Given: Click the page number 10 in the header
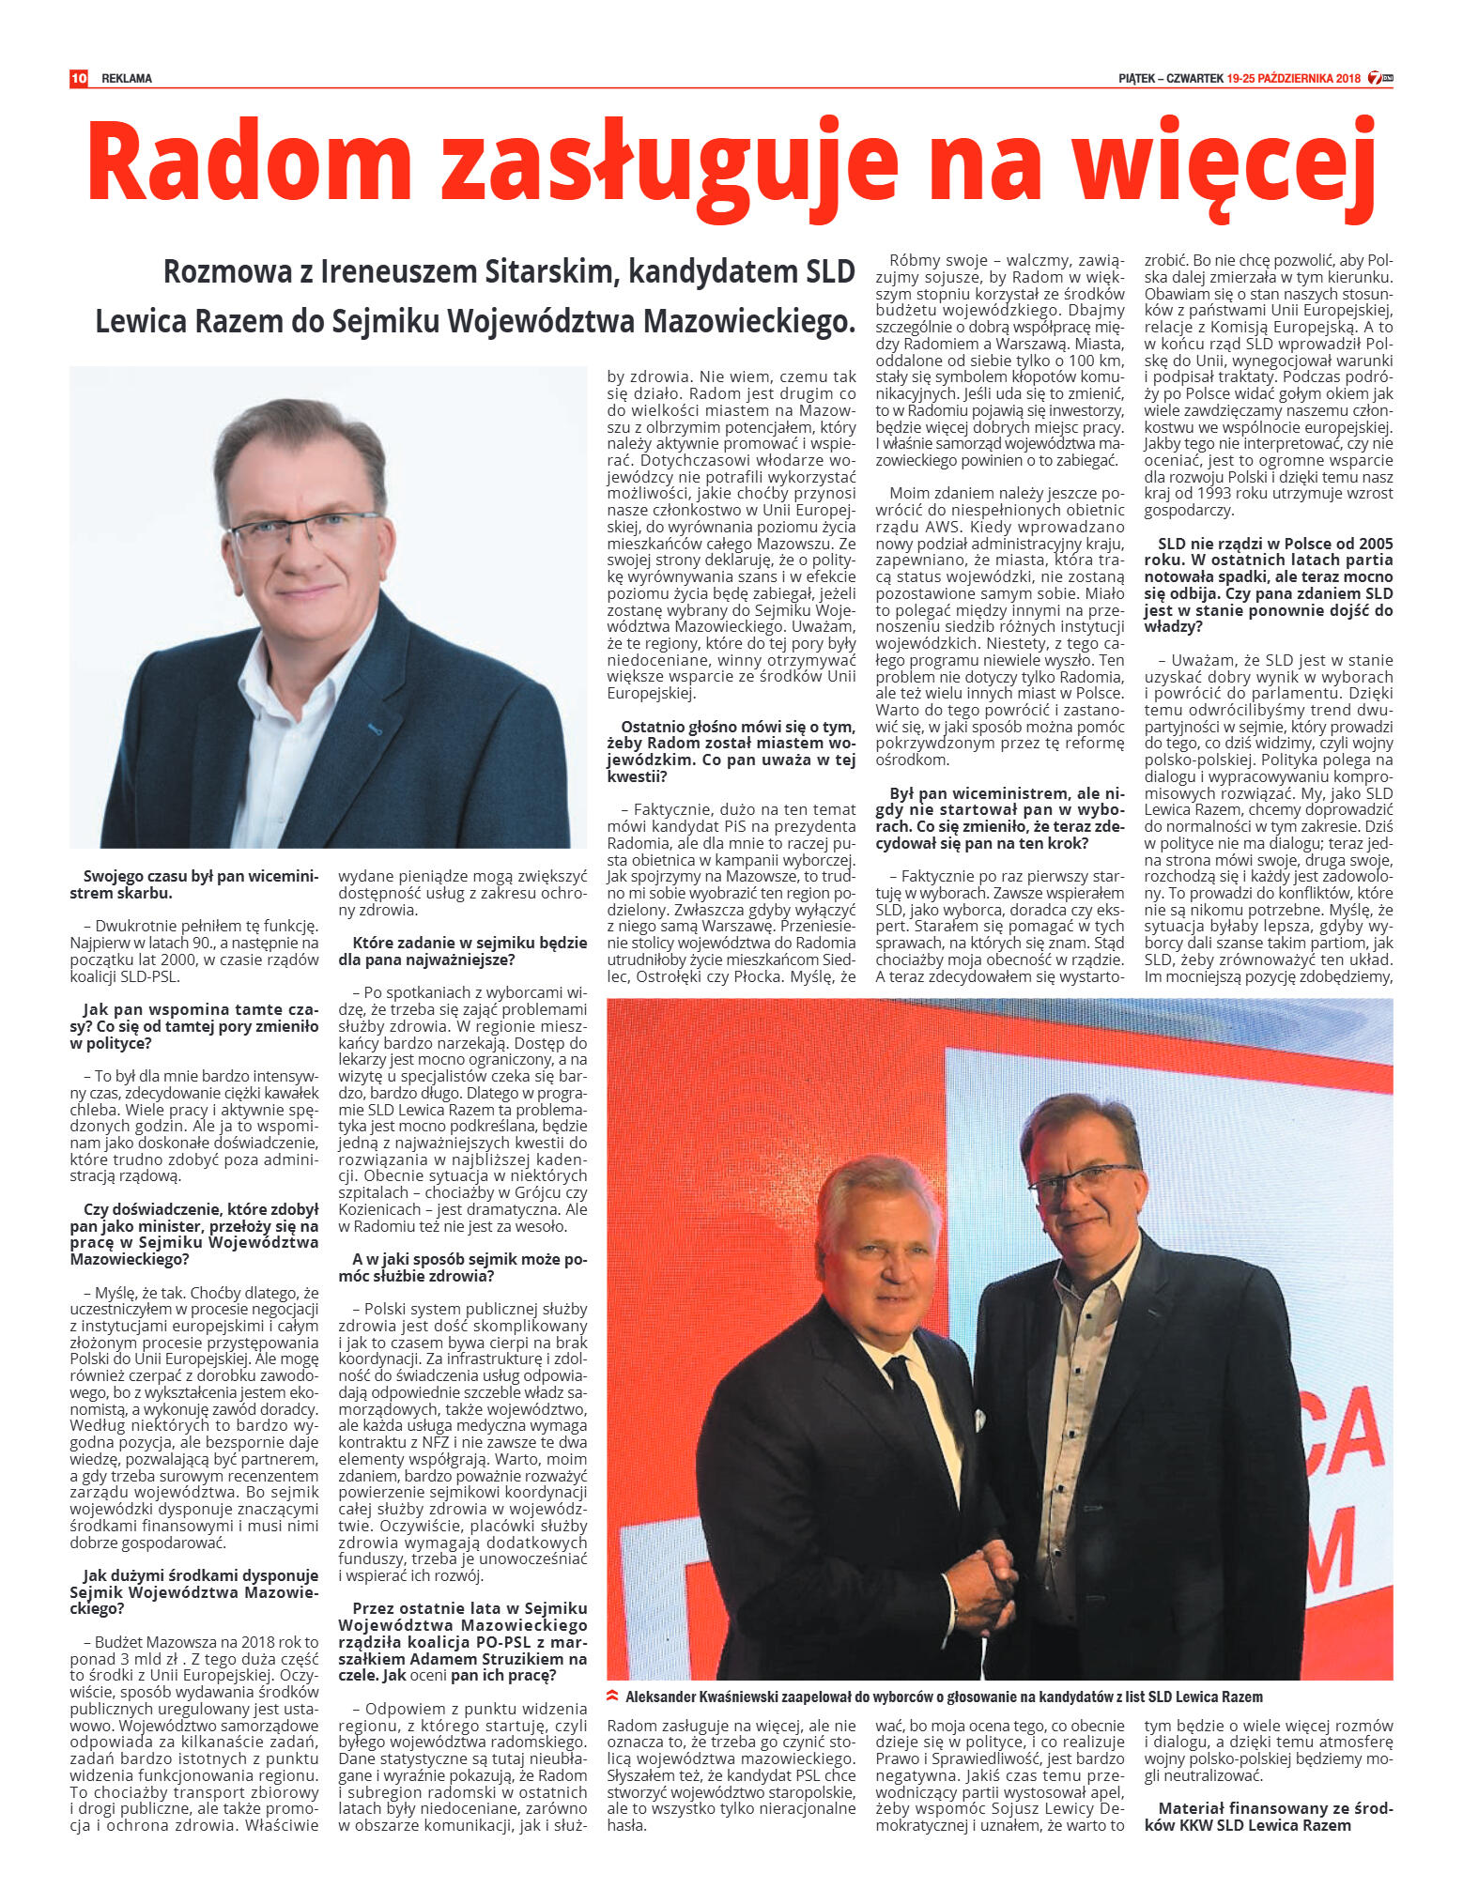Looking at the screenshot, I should [x=79, y=78].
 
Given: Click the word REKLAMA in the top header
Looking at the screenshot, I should [x=127, y=79].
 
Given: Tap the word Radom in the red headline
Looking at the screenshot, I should [x=250, y=161].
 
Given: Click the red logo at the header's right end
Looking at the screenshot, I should [x=1379, y=79].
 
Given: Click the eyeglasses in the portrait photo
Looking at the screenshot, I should [x=304, y=533].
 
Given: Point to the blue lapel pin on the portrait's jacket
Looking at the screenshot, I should [x=374, y=728].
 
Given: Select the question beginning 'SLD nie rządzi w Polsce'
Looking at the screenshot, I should [x=1269, y=585].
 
